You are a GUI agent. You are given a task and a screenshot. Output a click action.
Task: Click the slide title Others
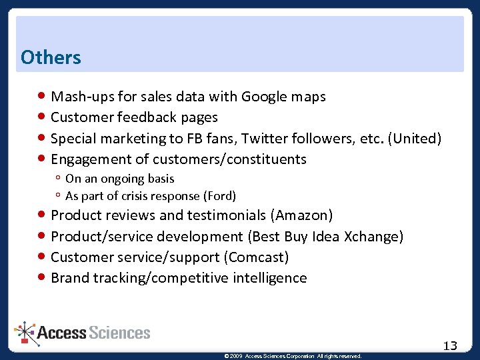(x=51, y=57)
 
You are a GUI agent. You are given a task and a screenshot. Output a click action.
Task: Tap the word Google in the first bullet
(x=264, y=97)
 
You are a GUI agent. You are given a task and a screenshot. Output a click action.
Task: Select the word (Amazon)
(x=301, y=215)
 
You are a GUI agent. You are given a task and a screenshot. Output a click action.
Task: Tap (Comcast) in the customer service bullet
(x=256, y=257)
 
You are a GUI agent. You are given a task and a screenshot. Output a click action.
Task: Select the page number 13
(x=451, y=345)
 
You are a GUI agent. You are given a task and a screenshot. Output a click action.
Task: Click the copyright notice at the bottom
(x=293, y=356)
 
